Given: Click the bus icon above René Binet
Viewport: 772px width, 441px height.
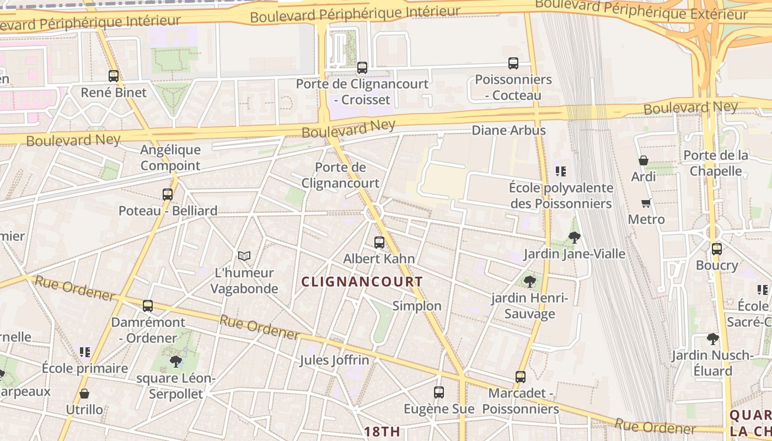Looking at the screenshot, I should click(x=114, y=76).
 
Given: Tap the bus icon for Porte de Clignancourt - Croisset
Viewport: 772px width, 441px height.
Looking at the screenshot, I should click(x=362, y=68).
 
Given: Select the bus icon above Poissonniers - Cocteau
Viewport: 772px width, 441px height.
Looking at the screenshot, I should click(x=513, y=63).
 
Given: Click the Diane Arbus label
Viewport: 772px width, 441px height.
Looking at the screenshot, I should click(x=508, y=131).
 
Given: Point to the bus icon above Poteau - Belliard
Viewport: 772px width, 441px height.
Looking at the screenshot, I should click(x=168, y=194).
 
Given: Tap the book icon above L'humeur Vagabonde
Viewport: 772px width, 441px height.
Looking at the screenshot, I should click(x=244, y=256).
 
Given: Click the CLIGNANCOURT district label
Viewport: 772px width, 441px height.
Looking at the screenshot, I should click(x=362, y=282).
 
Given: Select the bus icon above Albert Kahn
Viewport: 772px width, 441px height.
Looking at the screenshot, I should click(x=379, y=242).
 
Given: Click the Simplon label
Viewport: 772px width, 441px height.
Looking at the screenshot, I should click(x=417, y=306).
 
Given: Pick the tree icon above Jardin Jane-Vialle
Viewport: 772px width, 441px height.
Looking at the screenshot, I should click(x=574, y=238).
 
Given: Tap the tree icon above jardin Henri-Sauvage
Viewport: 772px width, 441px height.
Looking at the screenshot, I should click(x=530, y=282).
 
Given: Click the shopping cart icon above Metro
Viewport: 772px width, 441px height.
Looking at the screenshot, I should click(x=646, y=203).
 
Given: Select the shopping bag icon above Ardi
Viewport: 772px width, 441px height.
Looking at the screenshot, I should click(x=644, y=160).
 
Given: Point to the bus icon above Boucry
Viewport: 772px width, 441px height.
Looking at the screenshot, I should click(x=717, y=249).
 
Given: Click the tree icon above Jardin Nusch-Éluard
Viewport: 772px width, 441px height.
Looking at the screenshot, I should click(x=713, y=338).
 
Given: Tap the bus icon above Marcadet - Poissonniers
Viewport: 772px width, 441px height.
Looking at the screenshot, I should click(x=521, y=377).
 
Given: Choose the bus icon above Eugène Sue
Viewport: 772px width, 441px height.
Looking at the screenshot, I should click(x=439, y=392).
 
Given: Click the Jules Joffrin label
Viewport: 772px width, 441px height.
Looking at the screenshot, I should click(x=334, y=361).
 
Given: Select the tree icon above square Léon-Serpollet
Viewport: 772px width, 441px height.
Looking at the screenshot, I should click(x=176, y=362).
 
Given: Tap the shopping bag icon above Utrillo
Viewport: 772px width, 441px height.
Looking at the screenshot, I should click(x=84, y=394).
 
